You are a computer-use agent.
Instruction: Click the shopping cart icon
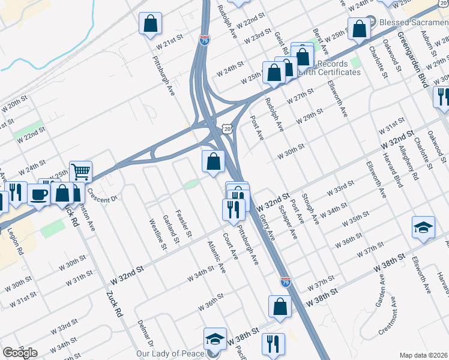point(80,172)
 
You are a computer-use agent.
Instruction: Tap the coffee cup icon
point(40,195)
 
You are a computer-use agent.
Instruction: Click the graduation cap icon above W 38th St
point(423,227)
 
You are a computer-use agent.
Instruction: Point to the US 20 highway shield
point(226,129)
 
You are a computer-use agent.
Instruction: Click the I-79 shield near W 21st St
point(205,41)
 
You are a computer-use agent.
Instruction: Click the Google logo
point(20,353)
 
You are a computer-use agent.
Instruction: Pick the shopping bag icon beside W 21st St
point(150,24)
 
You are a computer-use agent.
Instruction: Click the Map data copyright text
point(424,355)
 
